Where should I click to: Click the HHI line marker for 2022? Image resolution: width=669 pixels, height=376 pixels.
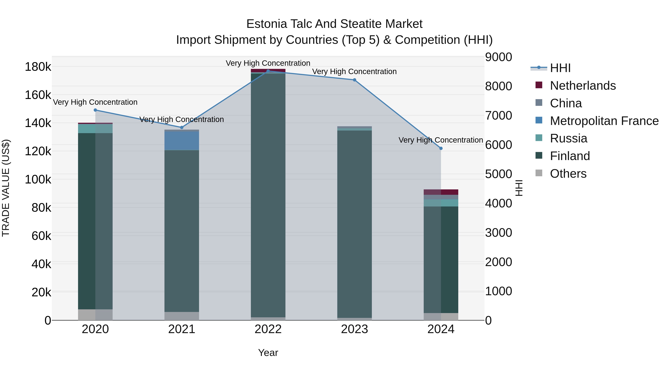click(x=268, y=71)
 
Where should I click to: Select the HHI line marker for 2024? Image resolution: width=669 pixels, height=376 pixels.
click(x=441, y=148)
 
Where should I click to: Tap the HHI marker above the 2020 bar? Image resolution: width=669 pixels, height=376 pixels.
click(x=95, y=110)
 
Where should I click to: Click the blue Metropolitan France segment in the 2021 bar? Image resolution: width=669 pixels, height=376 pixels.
click(x=182, y=141)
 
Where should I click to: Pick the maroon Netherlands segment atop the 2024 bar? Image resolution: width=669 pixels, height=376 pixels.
click(x=441, y=192)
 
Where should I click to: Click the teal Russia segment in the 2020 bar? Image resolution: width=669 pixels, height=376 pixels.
click(x=95, y=129)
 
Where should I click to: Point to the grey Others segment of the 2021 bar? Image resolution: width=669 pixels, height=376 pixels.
click(x=182, y=316)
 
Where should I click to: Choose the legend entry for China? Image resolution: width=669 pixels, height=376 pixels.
click(x=566, y=103)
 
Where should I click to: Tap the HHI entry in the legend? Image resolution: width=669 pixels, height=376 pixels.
click(x=560, y=68)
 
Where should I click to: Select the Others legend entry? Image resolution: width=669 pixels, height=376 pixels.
click(x=568, y=174)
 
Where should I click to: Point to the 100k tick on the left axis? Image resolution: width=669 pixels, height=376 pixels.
click(x=38, y=180)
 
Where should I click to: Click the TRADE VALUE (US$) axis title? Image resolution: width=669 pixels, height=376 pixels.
click(x=6, y=188)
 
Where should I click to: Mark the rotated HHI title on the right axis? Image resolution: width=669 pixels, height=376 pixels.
click(x=519, y=188)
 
